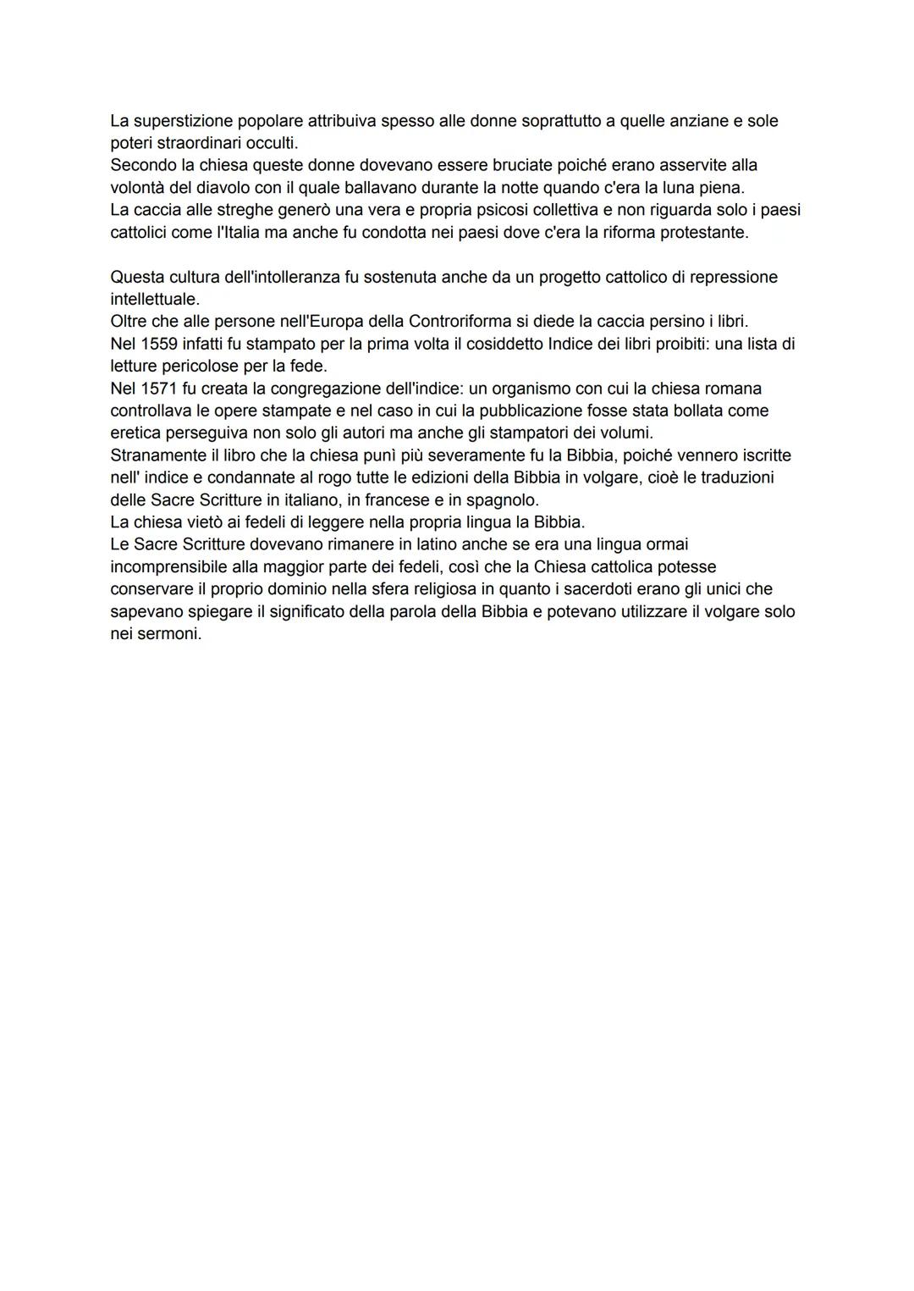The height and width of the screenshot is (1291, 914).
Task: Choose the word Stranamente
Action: coord(158,455)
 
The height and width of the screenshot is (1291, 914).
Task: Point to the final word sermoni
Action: coord(168,633)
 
